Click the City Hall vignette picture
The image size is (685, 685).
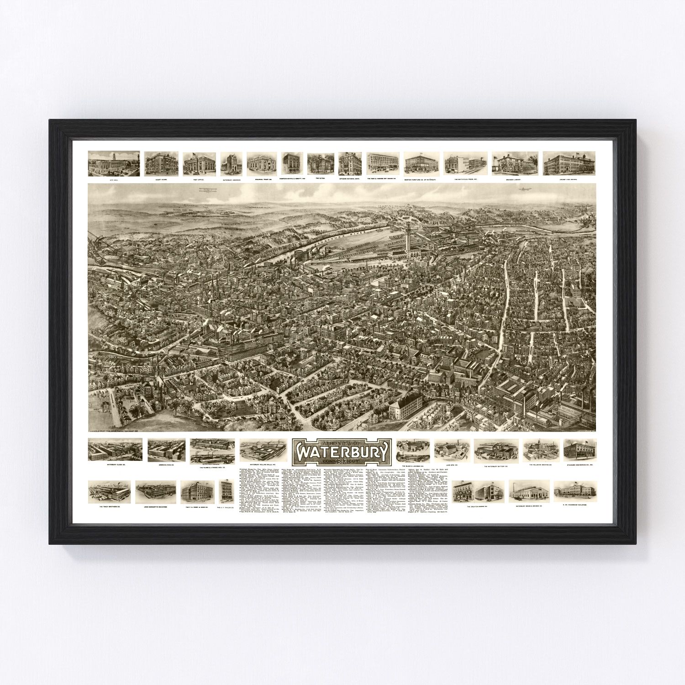tap(114, 163)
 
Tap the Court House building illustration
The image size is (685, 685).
tap(161, 163)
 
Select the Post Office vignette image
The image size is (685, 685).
tap(199, 163)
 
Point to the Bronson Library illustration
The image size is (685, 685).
tap(515, 163)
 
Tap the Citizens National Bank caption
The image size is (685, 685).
tap(350, 179)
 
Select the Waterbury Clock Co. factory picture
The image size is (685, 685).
tap(114, 450)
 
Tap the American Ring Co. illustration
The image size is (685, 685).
tap(166, 450)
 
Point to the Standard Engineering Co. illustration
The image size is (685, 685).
tap(580, 449)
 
